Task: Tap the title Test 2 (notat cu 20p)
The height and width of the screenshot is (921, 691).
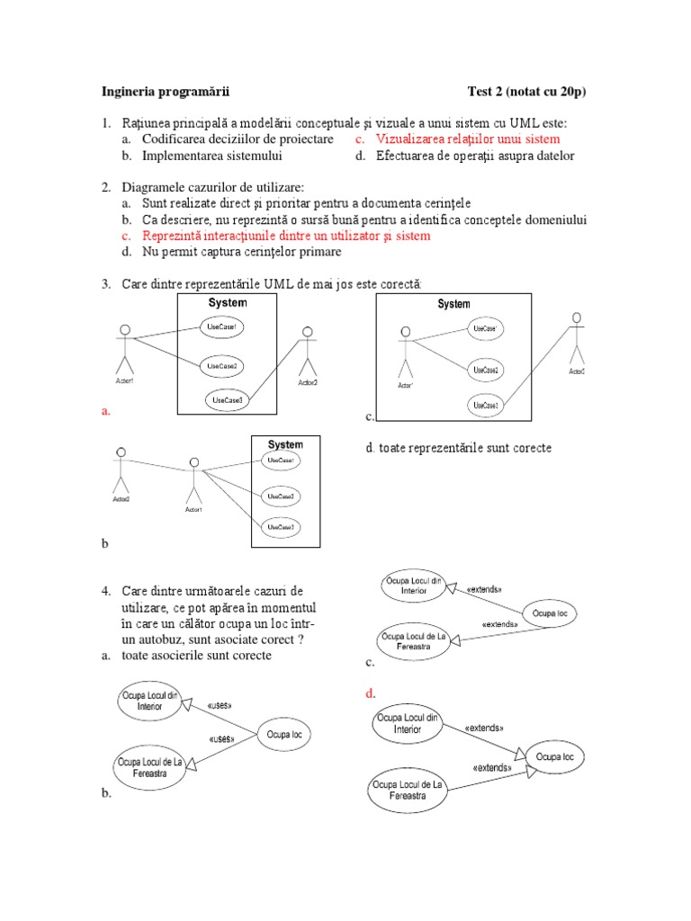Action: [527, 91]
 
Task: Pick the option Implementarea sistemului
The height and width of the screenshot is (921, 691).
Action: [211, 156]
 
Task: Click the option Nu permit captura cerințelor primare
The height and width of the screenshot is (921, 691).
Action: [242, 252]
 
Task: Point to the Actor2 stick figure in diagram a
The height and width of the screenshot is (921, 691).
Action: [308, 353]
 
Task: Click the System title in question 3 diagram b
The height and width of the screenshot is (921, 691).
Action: [285, 444]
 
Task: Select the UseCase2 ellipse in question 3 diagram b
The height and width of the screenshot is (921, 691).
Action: [279, 496]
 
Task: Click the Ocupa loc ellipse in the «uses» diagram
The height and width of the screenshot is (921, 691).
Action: [284, 735]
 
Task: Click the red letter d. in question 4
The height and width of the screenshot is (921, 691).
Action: [370, 693]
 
